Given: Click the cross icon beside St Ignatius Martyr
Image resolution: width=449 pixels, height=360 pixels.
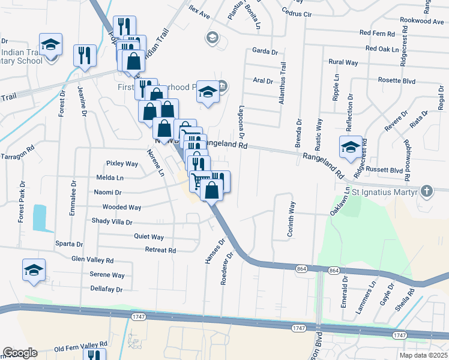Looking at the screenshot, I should click(426, 192).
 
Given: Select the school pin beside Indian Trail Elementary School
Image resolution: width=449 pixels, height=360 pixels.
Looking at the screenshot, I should click(51, 45).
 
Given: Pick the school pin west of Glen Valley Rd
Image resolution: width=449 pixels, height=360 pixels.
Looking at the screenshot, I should click(34, 271).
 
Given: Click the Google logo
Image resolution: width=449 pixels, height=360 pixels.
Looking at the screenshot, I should click(20, 353).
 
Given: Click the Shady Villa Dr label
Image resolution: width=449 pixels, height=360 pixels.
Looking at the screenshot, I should click(112, 221).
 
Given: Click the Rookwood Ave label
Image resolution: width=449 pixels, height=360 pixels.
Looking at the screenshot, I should click(421, 21).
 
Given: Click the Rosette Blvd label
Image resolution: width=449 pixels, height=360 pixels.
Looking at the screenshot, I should click(397, 80).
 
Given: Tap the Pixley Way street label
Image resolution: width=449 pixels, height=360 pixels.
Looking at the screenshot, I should click(122, 163).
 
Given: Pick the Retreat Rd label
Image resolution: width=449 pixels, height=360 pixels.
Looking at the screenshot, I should click(160, 250).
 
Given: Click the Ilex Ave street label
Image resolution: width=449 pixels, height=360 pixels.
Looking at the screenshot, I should click(198, 11).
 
